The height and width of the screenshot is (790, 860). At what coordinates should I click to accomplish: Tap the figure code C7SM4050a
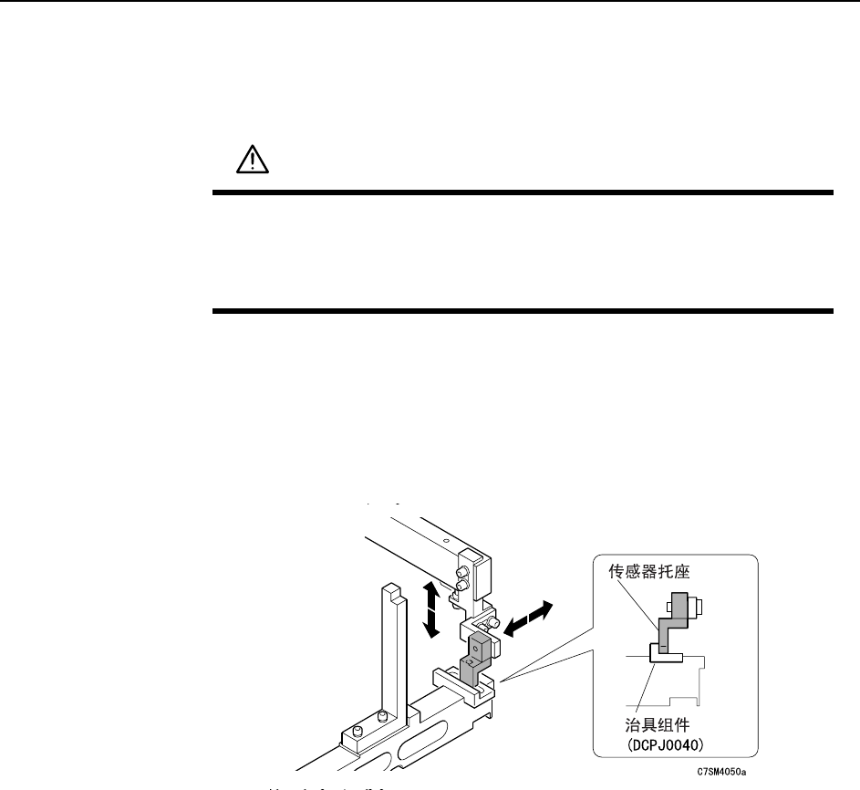point(720,771)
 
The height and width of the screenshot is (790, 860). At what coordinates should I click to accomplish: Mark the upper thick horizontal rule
point(523,192)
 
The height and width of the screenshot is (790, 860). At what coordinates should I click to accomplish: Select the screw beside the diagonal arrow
point(492,623)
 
